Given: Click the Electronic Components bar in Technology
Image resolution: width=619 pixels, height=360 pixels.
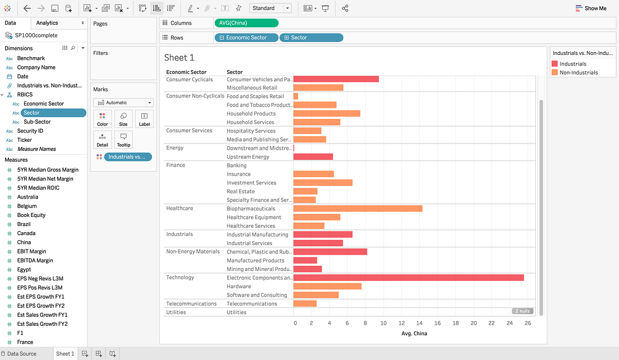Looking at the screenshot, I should click(x=408, y=278).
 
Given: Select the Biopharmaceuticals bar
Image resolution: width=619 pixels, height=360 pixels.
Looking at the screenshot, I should click(x=358, y=209).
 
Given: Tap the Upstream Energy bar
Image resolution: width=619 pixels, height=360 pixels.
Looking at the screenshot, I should click(x=313, y=157).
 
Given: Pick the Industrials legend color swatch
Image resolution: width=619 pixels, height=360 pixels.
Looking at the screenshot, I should click(x=555, y=64).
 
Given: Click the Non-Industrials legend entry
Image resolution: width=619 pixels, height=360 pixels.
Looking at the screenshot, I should click(x=578, y=72).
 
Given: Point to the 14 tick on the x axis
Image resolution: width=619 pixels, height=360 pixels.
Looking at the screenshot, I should click(x=419, y=323).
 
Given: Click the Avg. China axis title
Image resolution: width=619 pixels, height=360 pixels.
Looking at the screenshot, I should click(x=414, y=334).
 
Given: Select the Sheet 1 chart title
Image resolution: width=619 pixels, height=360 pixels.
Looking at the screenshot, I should click(x=179, y=58).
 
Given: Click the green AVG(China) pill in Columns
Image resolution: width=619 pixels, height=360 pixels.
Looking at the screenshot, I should click(x=246, y=23).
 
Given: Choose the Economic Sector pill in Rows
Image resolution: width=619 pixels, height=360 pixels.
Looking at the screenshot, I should click(x=246, y=38).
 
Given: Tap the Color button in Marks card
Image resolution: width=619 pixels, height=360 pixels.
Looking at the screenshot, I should click(x=103, y=119).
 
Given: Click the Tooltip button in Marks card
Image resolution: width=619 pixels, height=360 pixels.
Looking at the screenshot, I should click(x=123, y=140).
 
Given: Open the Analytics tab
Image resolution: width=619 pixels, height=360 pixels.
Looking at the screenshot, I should click(x=47, y=23).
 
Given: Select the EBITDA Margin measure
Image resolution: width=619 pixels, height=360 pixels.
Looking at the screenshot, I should click(x=35, y=260).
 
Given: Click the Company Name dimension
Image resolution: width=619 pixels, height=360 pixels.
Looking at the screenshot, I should click(x=36, y=67).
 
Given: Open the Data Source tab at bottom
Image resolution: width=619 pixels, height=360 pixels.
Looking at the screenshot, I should click(x=21, y=354).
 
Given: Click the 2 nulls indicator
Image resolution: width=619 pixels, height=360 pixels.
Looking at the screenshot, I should click(x=522, y=311).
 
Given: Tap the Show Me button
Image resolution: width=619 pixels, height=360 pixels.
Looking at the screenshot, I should click(x=591, y=8).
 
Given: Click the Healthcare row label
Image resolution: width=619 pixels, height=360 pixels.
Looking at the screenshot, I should click(x=179, y=209).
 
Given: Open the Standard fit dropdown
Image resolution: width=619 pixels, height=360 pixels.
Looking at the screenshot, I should click(x=270, y=8).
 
